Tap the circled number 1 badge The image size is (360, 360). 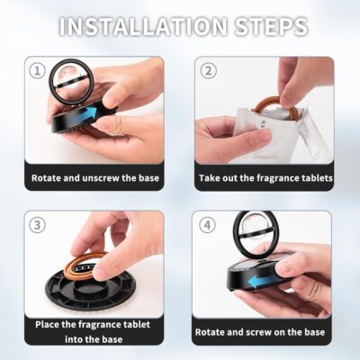[37, 70]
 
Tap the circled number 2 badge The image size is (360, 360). [209, 70]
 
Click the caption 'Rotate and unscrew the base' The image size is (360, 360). [95, 178]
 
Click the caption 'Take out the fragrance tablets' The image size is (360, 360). [265, 178]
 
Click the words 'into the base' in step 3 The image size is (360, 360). [95, 339]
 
